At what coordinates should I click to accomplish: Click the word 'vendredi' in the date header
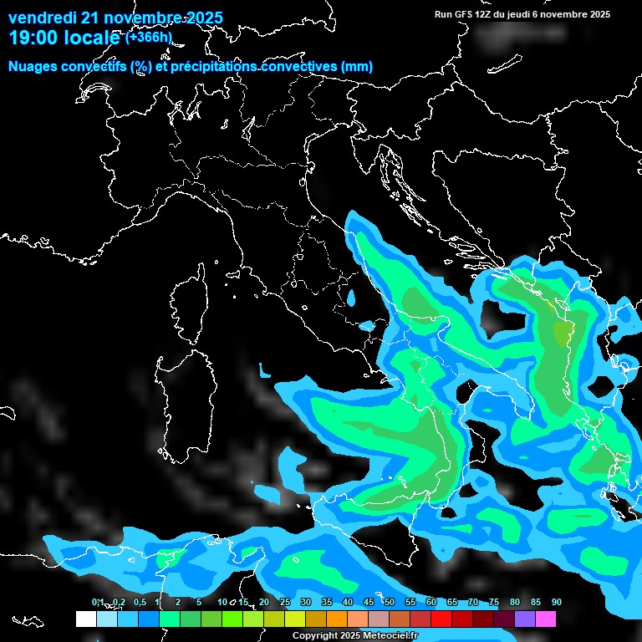[x=42, y=18]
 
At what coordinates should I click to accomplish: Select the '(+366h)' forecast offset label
[x=149, y=38]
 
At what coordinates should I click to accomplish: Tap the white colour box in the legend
[x=85, y=619]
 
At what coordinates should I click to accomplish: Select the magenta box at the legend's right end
[x=546, y=619]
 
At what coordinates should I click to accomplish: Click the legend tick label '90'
[x=556, y=603]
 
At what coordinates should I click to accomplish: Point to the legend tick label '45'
[x=369, y=603]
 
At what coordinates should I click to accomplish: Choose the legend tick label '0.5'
[x=140, y=603]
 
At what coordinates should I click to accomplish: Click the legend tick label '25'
[x=285, y=603]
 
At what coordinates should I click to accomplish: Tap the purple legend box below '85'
[x=525, y=619]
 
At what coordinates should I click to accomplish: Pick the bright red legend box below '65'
[x=441, y=619]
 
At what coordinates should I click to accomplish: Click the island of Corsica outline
[x=190, y=305]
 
